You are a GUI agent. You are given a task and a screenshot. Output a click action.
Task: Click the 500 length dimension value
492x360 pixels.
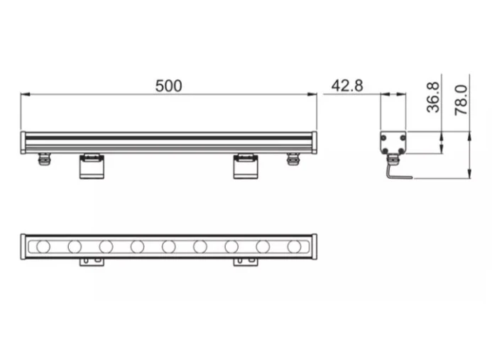coord(169,86)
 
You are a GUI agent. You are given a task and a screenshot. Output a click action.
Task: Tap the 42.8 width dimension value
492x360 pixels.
coord(347,86)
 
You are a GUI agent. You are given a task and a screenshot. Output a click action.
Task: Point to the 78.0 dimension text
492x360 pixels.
coord(461,100)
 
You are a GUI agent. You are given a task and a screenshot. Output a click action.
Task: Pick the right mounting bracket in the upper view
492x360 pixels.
coord(246,166)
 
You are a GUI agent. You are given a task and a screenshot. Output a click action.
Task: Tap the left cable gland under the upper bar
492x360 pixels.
coord(44,159)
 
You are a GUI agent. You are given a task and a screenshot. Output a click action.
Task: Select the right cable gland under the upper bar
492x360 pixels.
coord(293,158)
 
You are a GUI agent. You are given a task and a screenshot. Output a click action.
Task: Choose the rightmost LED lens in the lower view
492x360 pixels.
coord(294,246)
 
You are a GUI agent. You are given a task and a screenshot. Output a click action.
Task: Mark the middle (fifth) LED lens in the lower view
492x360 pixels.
coord(168,246)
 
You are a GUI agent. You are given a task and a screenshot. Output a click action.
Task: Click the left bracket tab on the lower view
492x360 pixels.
coord(92,262)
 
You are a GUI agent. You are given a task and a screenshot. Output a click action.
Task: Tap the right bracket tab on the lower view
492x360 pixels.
coord(246,262)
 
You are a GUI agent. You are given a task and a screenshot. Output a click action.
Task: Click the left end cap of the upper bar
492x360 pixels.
coord(23,142)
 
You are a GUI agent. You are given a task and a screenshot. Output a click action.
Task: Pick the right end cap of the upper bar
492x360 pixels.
coord(314,142)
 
